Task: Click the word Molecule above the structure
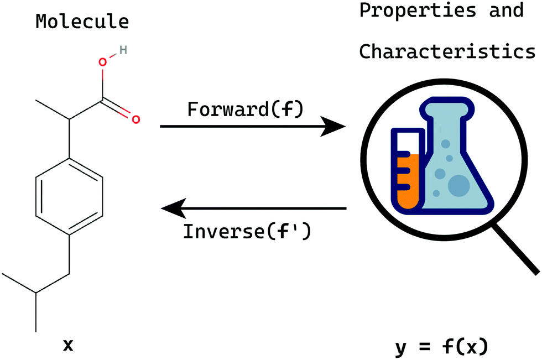coord(82,22)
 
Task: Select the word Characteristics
coord(447,51)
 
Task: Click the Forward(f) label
coord(245,109)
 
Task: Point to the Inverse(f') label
coord(247,230)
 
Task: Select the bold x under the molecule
coord(67,346)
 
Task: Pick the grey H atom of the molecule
coord(123,50)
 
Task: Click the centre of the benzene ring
coord(69,196)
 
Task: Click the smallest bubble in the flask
coord(436,193)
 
